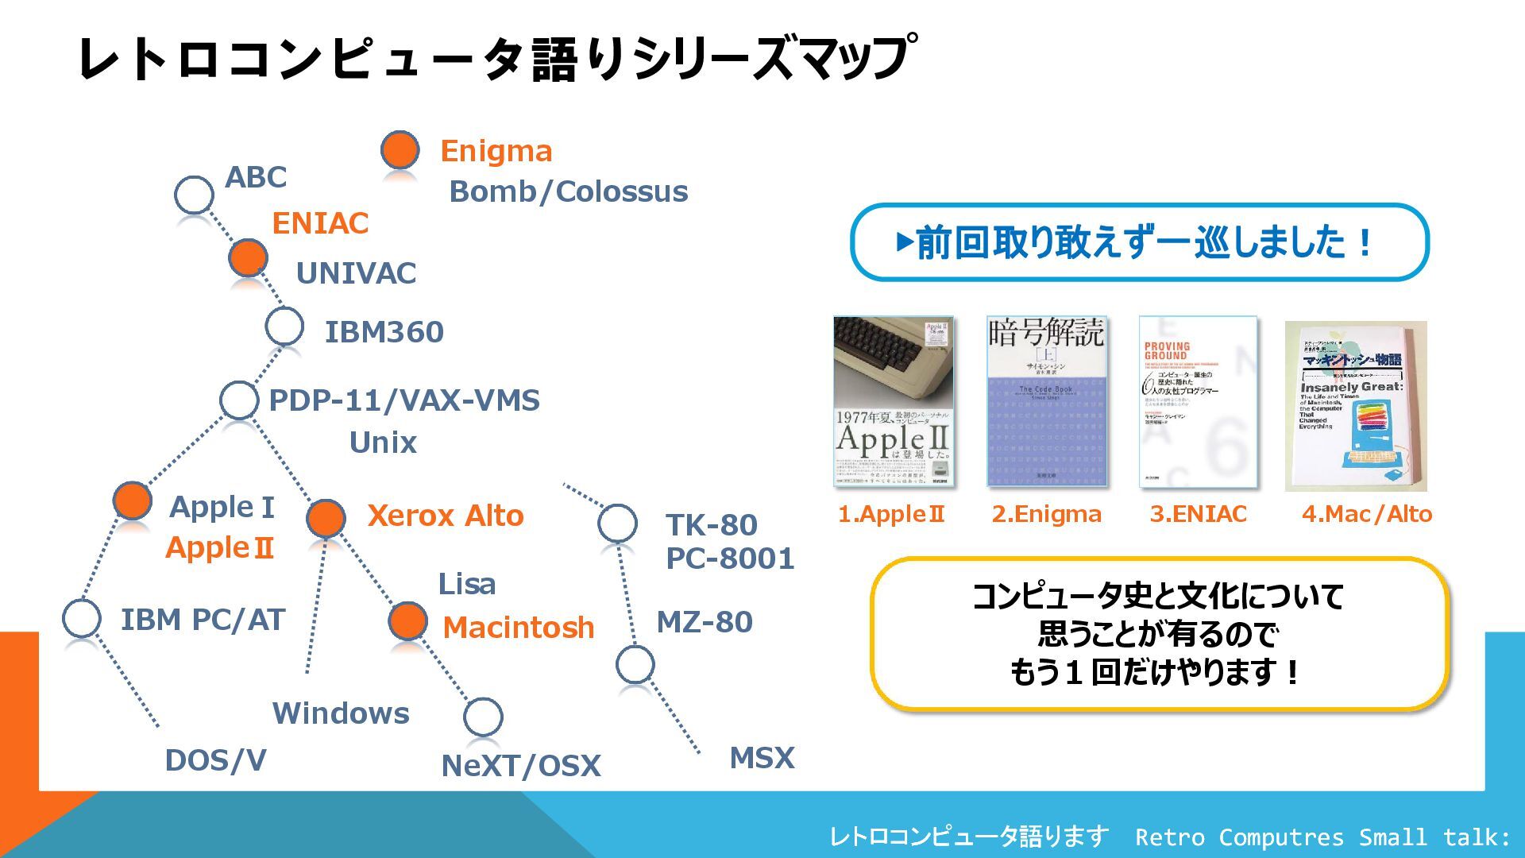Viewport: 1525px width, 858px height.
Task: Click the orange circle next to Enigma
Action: [x=400, y=150]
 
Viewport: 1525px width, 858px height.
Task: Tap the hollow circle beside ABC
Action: [x=194, y=194]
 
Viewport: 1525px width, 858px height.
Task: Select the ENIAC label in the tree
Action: [x=320, y=223]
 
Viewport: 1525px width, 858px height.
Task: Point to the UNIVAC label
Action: [x=356, y=273]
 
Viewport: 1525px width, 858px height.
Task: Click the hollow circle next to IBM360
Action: [x=284, y=326]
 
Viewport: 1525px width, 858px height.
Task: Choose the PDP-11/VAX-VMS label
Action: [x=404, y=400]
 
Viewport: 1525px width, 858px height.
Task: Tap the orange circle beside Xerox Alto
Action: [x=326, y=518]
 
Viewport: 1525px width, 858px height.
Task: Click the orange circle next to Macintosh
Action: [x=407, y=621]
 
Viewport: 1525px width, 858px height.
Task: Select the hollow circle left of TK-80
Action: [x=617, y=524]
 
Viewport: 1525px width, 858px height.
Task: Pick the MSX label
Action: [x=762, y=758]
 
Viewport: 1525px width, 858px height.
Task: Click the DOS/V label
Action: [x=215, y=760]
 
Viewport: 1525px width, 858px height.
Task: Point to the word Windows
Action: [x=341, y=713]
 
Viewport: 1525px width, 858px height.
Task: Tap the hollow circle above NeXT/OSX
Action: [x=483, y=717]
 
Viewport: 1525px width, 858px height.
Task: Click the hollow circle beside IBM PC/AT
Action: [x=81, y=618]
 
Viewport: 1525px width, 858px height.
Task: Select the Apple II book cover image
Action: [x=893, y=401]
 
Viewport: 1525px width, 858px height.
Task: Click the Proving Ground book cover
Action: [x=1198, y=401]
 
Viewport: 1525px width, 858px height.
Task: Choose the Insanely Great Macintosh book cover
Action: [x=1355, y=405]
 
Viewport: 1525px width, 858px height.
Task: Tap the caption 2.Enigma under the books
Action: [x=1046, y=514]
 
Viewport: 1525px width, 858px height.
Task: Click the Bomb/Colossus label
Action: [x=568, y=191]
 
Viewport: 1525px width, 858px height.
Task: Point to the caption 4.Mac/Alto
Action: [x=1366, y=514]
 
